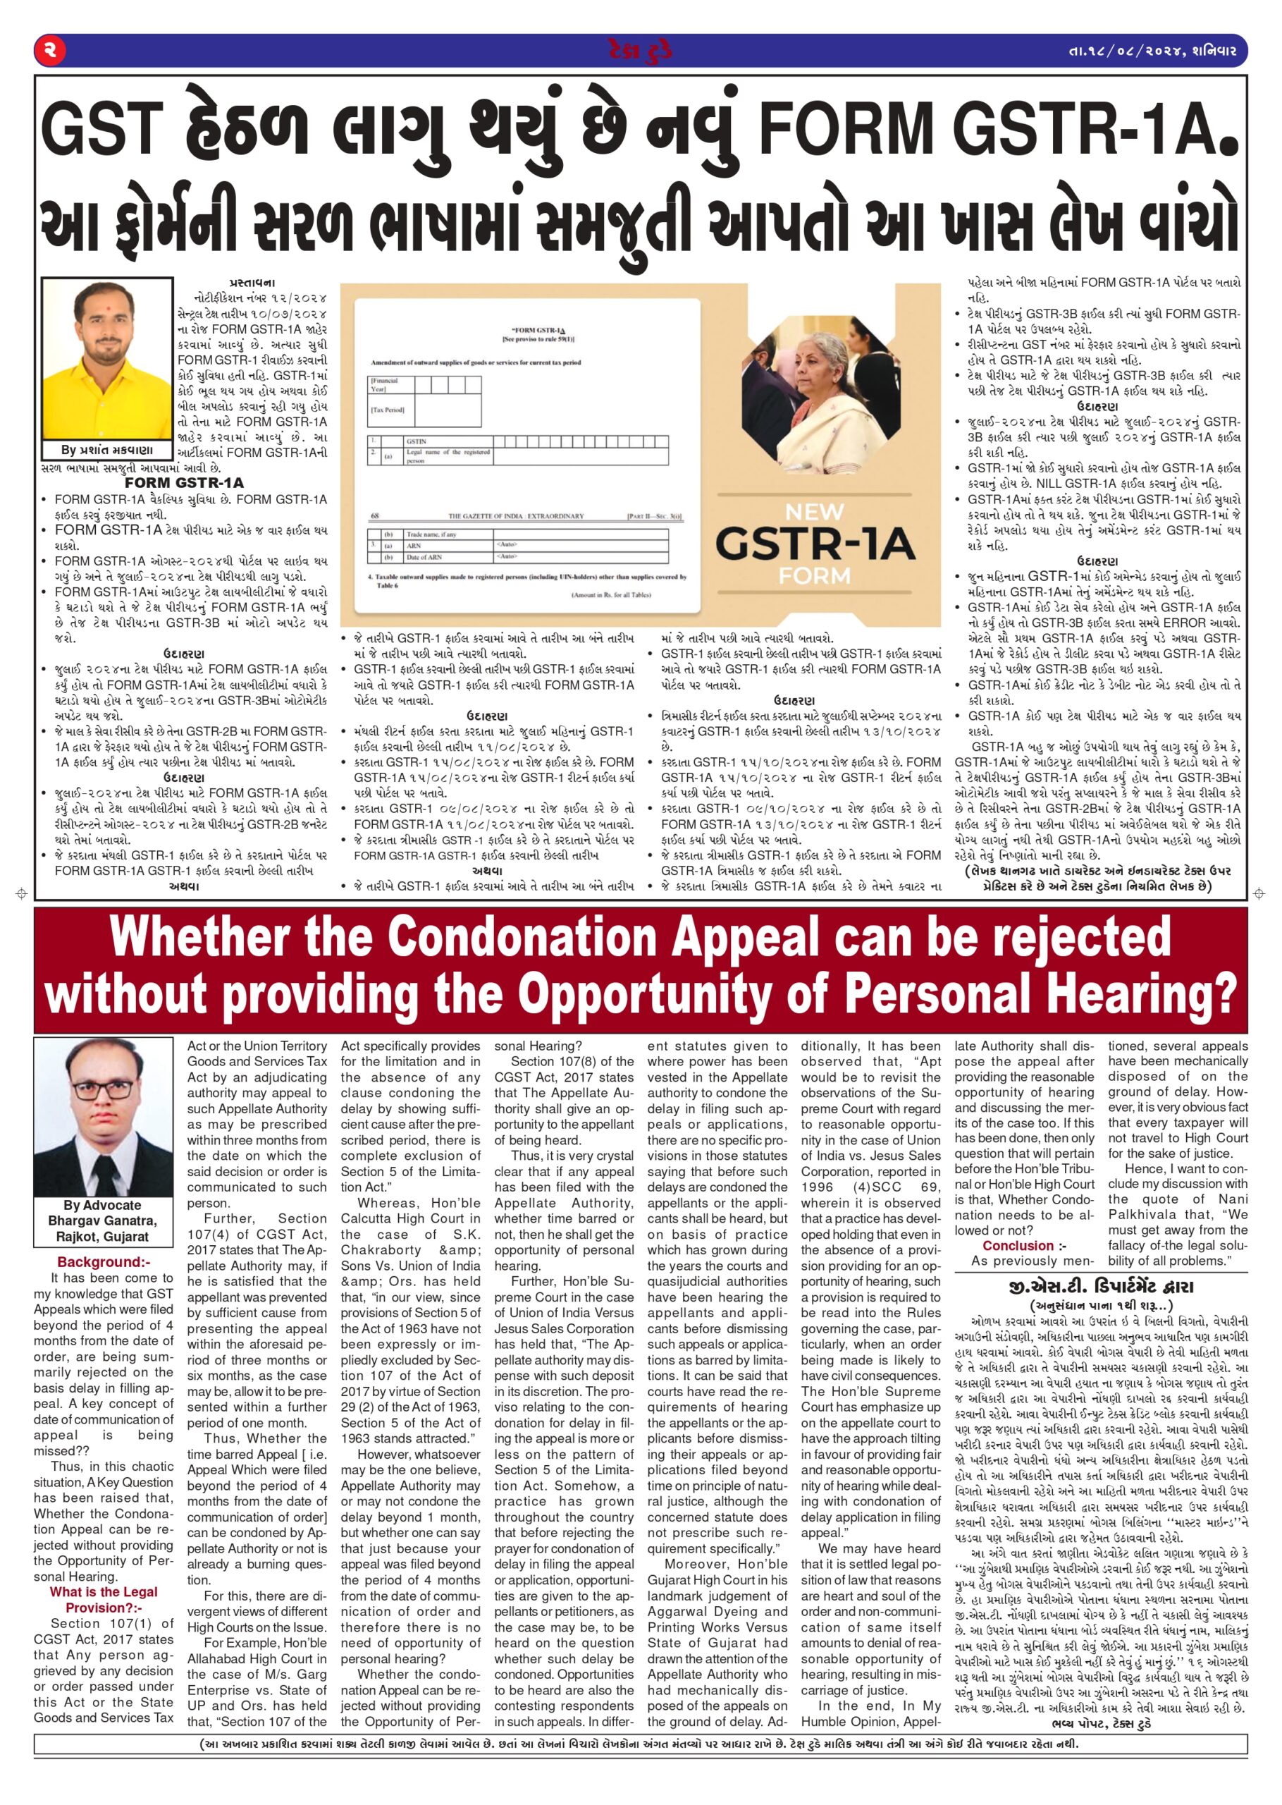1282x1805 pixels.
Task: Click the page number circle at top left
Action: click(50, 51)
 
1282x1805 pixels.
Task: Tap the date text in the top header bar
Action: click(1152, 51)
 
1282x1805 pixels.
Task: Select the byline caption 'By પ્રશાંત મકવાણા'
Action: click(106, 450)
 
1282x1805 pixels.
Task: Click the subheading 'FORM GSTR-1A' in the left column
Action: click(184, 482)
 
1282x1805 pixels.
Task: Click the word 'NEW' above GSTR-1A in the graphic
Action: click(814, 512)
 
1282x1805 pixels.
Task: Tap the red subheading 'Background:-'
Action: click(104, 1262)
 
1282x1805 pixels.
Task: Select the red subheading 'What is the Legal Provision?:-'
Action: click(104, 1601)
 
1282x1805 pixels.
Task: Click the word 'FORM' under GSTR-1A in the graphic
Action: click(814, 575)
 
